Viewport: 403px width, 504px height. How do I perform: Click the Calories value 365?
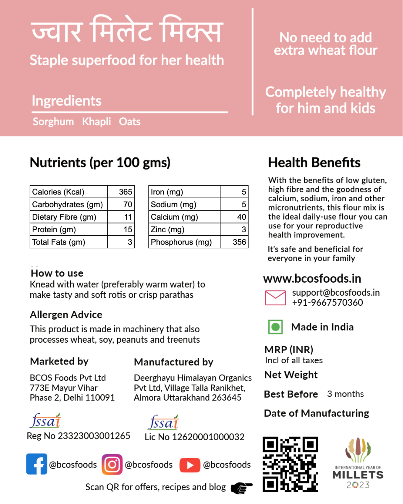[x=126, y=192]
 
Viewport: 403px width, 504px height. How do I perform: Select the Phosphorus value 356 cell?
[x=239, y=242]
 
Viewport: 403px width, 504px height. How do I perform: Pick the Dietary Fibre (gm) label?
[x=64, y=217]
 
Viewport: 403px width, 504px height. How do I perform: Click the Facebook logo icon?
[x=37, y=464]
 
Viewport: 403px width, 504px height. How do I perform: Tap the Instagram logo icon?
[x=112, y=465]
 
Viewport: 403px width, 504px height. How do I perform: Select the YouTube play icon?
[x=190, y=465]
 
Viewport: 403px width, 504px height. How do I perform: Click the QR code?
[x=290, y=464]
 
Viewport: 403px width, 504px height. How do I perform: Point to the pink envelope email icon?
[x=275, y=297]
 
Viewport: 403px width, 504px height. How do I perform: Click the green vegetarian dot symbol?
[x=275, y=327]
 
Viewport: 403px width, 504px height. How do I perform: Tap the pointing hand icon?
[x=242, y=488]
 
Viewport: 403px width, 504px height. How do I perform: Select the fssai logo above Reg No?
[x=45, y=420]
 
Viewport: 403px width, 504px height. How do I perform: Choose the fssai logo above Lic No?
[x=164, y=422]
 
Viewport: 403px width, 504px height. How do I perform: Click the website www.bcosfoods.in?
[x=312, y=278]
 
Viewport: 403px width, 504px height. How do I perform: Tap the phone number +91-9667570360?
[x=327, y=302]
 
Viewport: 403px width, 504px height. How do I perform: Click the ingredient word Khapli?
[x=97, y=122]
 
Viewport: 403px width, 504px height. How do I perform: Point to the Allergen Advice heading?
[x=66, y=315]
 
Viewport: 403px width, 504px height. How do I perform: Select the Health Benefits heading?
[x=314, y=163]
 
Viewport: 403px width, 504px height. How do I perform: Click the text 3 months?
[x=345, y=394]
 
